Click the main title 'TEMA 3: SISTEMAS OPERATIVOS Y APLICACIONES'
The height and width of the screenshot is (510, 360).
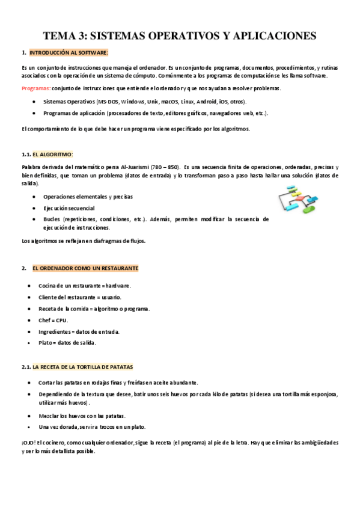179,36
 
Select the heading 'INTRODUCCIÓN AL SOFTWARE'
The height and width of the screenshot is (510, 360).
69,53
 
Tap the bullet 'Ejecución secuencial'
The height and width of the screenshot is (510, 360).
69,208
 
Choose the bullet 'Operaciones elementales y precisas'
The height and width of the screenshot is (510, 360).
88,197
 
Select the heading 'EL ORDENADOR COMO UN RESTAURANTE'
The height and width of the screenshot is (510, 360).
85,268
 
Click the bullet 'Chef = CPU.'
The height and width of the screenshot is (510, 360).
53,320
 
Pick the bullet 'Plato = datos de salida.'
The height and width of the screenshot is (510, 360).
67,343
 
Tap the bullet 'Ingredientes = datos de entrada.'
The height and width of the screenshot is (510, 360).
79,331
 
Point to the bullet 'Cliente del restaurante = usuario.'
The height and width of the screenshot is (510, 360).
80,297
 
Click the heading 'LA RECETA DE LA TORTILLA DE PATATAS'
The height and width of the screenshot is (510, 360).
83,366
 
